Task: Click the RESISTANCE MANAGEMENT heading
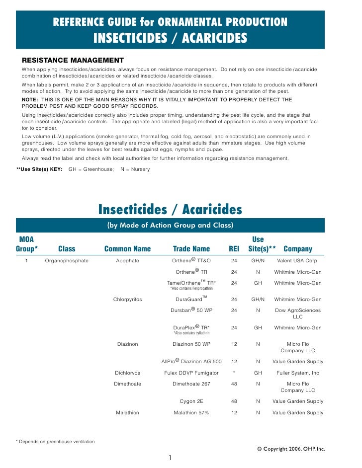tap(73, 60)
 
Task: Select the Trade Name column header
tap(191, 249)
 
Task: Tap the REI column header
tap(234, 249)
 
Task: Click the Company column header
tap(297, 249)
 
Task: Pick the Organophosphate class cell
tap(67, 260)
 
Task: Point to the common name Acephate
tap(127, 260)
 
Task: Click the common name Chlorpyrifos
tap(127, 300)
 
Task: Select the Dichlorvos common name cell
tap(127, 373)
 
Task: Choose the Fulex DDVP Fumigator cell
tap(191, 373)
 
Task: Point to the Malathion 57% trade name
tap(191, 413)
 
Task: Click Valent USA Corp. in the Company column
tap(298, 260)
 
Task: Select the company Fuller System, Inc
tap(298, 373)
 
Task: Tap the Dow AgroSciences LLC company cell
tap(298, 313)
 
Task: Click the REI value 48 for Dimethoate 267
tap(234, 384)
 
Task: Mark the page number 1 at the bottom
tap(170, 458)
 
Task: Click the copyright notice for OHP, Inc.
tap(291, 449)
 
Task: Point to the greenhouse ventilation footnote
tap(56, 442)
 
